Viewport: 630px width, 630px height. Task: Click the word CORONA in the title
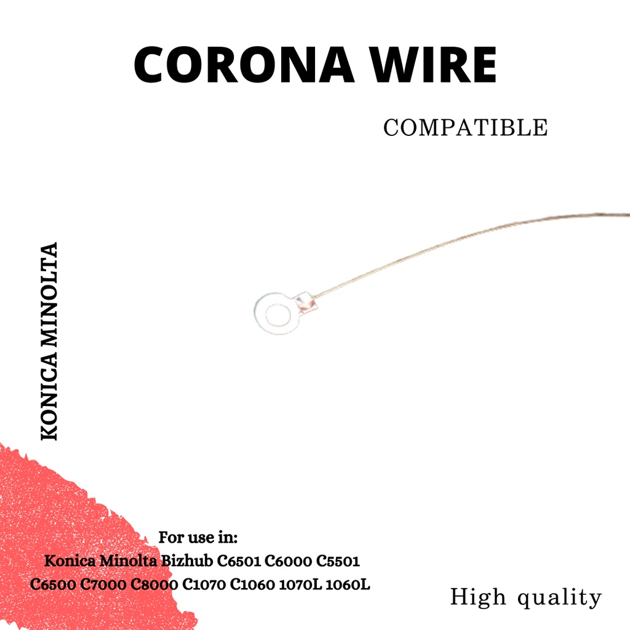(x=245, y=65)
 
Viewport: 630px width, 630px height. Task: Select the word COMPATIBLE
(x=465, y=128)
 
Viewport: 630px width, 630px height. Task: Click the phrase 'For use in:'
(x=198, y=537)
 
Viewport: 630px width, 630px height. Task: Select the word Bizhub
(x=188, y=562)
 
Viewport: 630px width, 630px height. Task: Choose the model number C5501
(x=337, y=562)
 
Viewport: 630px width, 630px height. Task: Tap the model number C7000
(x=105, y=584)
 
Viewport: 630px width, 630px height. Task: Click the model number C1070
(x=205, y=584)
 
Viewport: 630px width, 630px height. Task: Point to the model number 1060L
(x=348, y=584)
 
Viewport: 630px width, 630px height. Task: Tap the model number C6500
(x=54, y=584)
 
